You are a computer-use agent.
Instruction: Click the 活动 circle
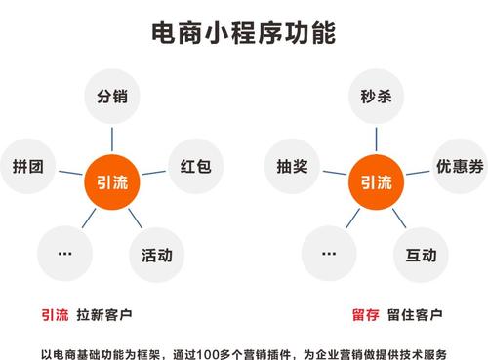[x=156, y=256]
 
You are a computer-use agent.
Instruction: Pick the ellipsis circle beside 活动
[x=65, y=253]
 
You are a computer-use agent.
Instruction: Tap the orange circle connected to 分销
[x=112, y=181]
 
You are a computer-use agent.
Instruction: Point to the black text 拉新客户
[x=107, y=314]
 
